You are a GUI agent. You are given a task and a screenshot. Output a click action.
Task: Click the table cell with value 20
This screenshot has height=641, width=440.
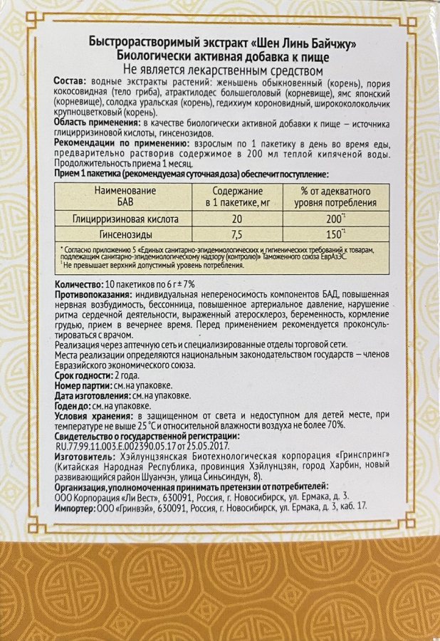click(x=238, y=218)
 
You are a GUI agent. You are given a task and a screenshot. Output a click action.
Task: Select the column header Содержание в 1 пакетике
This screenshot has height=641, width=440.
click(x=238, y=197)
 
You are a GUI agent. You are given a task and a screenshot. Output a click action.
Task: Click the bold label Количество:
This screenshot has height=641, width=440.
click(x=78, y=283)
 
